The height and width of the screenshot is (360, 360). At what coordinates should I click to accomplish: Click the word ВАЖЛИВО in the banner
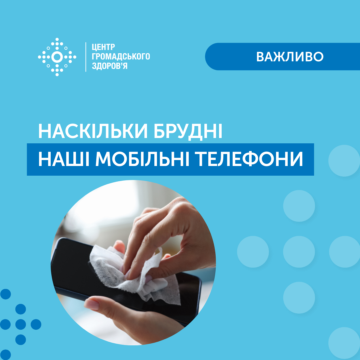coord(290,57)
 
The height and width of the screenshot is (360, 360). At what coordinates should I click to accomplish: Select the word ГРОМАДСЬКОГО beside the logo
coord(121,56)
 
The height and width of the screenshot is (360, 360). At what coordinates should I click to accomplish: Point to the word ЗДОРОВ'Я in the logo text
coord(110,66)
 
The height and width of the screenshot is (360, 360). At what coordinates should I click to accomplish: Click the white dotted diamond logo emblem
coord(57,57)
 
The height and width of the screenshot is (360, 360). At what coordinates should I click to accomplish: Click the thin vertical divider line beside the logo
coord(86,57)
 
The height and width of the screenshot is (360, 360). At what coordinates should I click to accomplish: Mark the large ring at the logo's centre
coord(57,57)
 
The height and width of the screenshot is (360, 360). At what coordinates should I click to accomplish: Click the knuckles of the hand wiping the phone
coord(147,220)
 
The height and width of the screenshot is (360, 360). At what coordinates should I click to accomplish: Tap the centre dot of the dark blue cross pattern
coord(21,324)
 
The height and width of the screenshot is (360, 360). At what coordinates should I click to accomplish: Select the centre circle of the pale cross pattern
coord(299,252)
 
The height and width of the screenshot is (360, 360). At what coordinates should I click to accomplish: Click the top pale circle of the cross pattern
coord(299,206)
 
